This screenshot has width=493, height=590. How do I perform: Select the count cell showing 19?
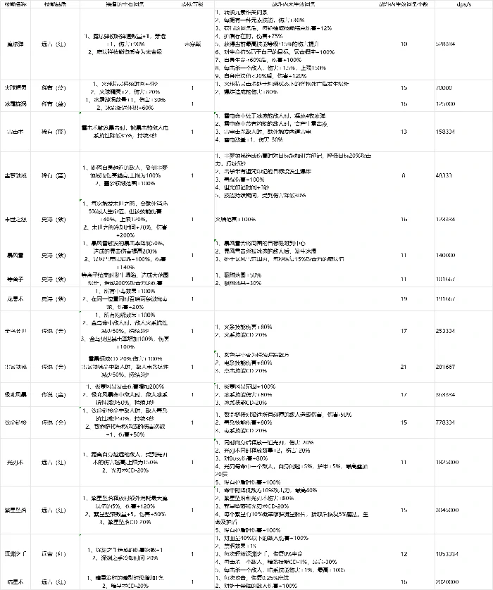[x=404, y=299]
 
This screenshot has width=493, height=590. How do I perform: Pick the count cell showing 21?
[x=404, y=367]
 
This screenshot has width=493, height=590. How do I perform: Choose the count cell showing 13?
[x=404, y=130]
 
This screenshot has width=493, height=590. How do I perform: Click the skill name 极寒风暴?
[x=15, y=396]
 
